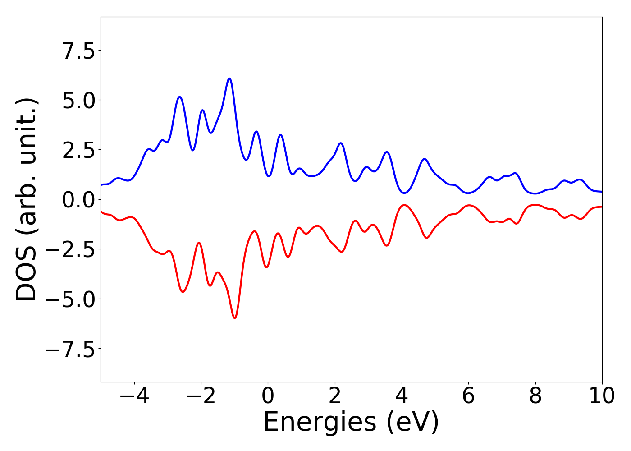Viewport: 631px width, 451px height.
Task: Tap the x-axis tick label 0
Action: tap(268, 397)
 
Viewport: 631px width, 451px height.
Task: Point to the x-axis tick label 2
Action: tap(334, 397)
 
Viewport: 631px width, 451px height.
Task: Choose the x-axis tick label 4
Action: tap(401, 397)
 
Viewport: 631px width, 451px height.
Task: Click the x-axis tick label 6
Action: tap(468, 397)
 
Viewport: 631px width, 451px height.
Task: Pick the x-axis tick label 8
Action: tap(535, 397)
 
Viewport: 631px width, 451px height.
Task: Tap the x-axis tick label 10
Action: tap(602, 397)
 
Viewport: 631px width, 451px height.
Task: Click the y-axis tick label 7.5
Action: tap(78, 51)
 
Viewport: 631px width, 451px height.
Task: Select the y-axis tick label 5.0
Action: tap(78, 100)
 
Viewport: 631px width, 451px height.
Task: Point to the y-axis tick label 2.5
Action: tap(78, 150)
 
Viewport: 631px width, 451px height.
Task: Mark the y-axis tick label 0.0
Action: tap(78, 200)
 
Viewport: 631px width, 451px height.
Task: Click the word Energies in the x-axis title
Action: tap(320, 423)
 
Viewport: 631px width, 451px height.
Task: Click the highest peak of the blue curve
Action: tap(229, 78)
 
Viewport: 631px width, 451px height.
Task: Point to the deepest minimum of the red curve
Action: tap(234, 318)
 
